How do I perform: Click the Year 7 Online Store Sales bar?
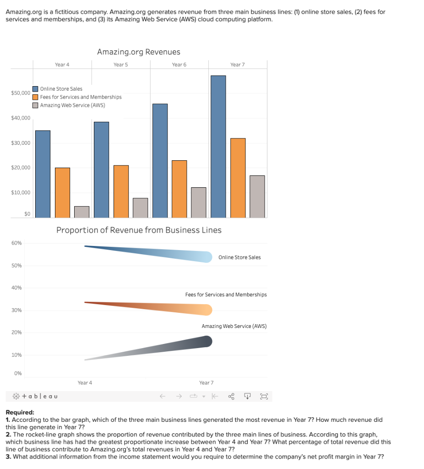point(218,146)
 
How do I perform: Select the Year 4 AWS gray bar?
point(82,212)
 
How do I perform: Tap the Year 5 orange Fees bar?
point(121,191)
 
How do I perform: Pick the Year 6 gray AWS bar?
point(198,202)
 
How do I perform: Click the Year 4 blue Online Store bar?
point(43,174)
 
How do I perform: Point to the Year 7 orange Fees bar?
point(238,178)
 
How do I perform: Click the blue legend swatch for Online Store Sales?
point(35,89)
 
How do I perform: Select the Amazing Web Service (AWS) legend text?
point(72,105)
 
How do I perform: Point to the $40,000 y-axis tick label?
point(21,118)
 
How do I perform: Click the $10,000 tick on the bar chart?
point(21,192)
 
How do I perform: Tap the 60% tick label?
point(16,243)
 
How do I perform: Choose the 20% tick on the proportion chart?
point(16,333)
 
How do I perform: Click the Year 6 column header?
point(179,65)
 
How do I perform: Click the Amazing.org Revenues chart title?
point(139,52)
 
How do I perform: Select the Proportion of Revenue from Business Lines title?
point(139,230)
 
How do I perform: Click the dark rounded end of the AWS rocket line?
point(207,341)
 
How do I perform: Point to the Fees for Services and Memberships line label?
point(226,294)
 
